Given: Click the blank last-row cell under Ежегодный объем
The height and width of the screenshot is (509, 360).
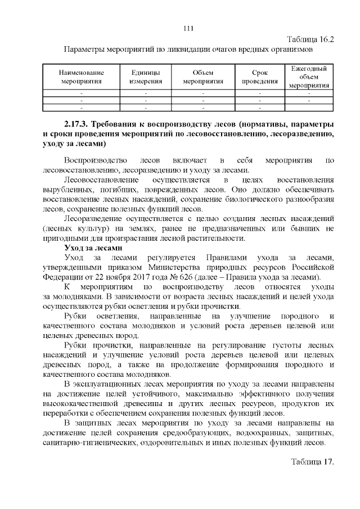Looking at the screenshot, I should pos(309,106).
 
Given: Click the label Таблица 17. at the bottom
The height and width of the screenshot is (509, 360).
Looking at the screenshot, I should pos(313,462).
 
